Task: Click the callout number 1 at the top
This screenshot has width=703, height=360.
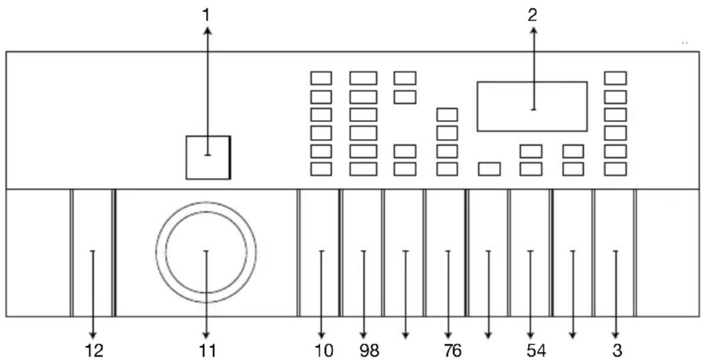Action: coord(206,16)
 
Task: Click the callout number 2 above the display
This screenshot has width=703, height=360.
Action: coord(532,16)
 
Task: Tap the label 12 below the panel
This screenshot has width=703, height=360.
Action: coord(93,351)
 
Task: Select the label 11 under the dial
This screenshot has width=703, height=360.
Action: coord(206,351)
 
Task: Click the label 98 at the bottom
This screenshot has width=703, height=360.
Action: coord(369,351)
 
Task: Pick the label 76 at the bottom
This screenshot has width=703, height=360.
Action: coord(452,351)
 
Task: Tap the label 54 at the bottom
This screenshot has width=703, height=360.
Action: coord(536,351)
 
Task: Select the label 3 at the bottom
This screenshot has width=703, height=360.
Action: coord(617,351)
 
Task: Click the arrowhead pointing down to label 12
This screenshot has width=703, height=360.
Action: coord(93,335)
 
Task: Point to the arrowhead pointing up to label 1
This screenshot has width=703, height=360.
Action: coord(207,30)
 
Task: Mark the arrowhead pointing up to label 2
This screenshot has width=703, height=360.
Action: coord(533,30)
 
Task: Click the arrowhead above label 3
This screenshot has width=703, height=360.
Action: coord(616,335)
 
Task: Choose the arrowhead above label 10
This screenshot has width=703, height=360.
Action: coord(321,335)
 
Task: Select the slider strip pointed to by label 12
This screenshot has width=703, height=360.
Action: coord(93,253)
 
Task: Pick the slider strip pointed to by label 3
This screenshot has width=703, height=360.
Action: coord(614,253)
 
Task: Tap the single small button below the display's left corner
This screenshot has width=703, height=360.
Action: coord(489,169)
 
